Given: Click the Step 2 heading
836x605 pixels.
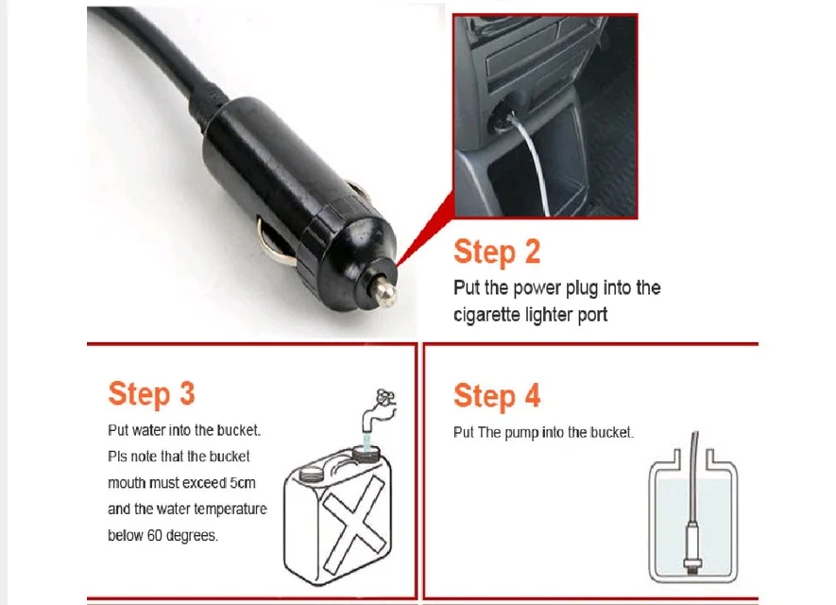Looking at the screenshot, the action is pyautogui.click(x=497, y=252).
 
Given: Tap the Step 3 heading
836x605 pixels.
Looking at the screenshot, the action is pyautogui.click(x=151, y=394).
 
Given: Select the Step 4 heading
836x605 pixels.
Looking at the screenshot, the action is pyautogui.click(x=497, y=396).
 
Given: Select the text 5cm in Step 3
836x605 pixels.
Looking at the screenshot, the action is pyautogui.click(x=243, y=483).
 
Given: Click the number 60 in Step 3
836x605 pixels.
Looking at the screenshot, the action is pyautogui.click(x=155, y=535).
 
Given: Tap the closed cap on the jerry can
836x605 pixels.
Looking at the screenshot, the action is pyautogui.click(x=309, y=474).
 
